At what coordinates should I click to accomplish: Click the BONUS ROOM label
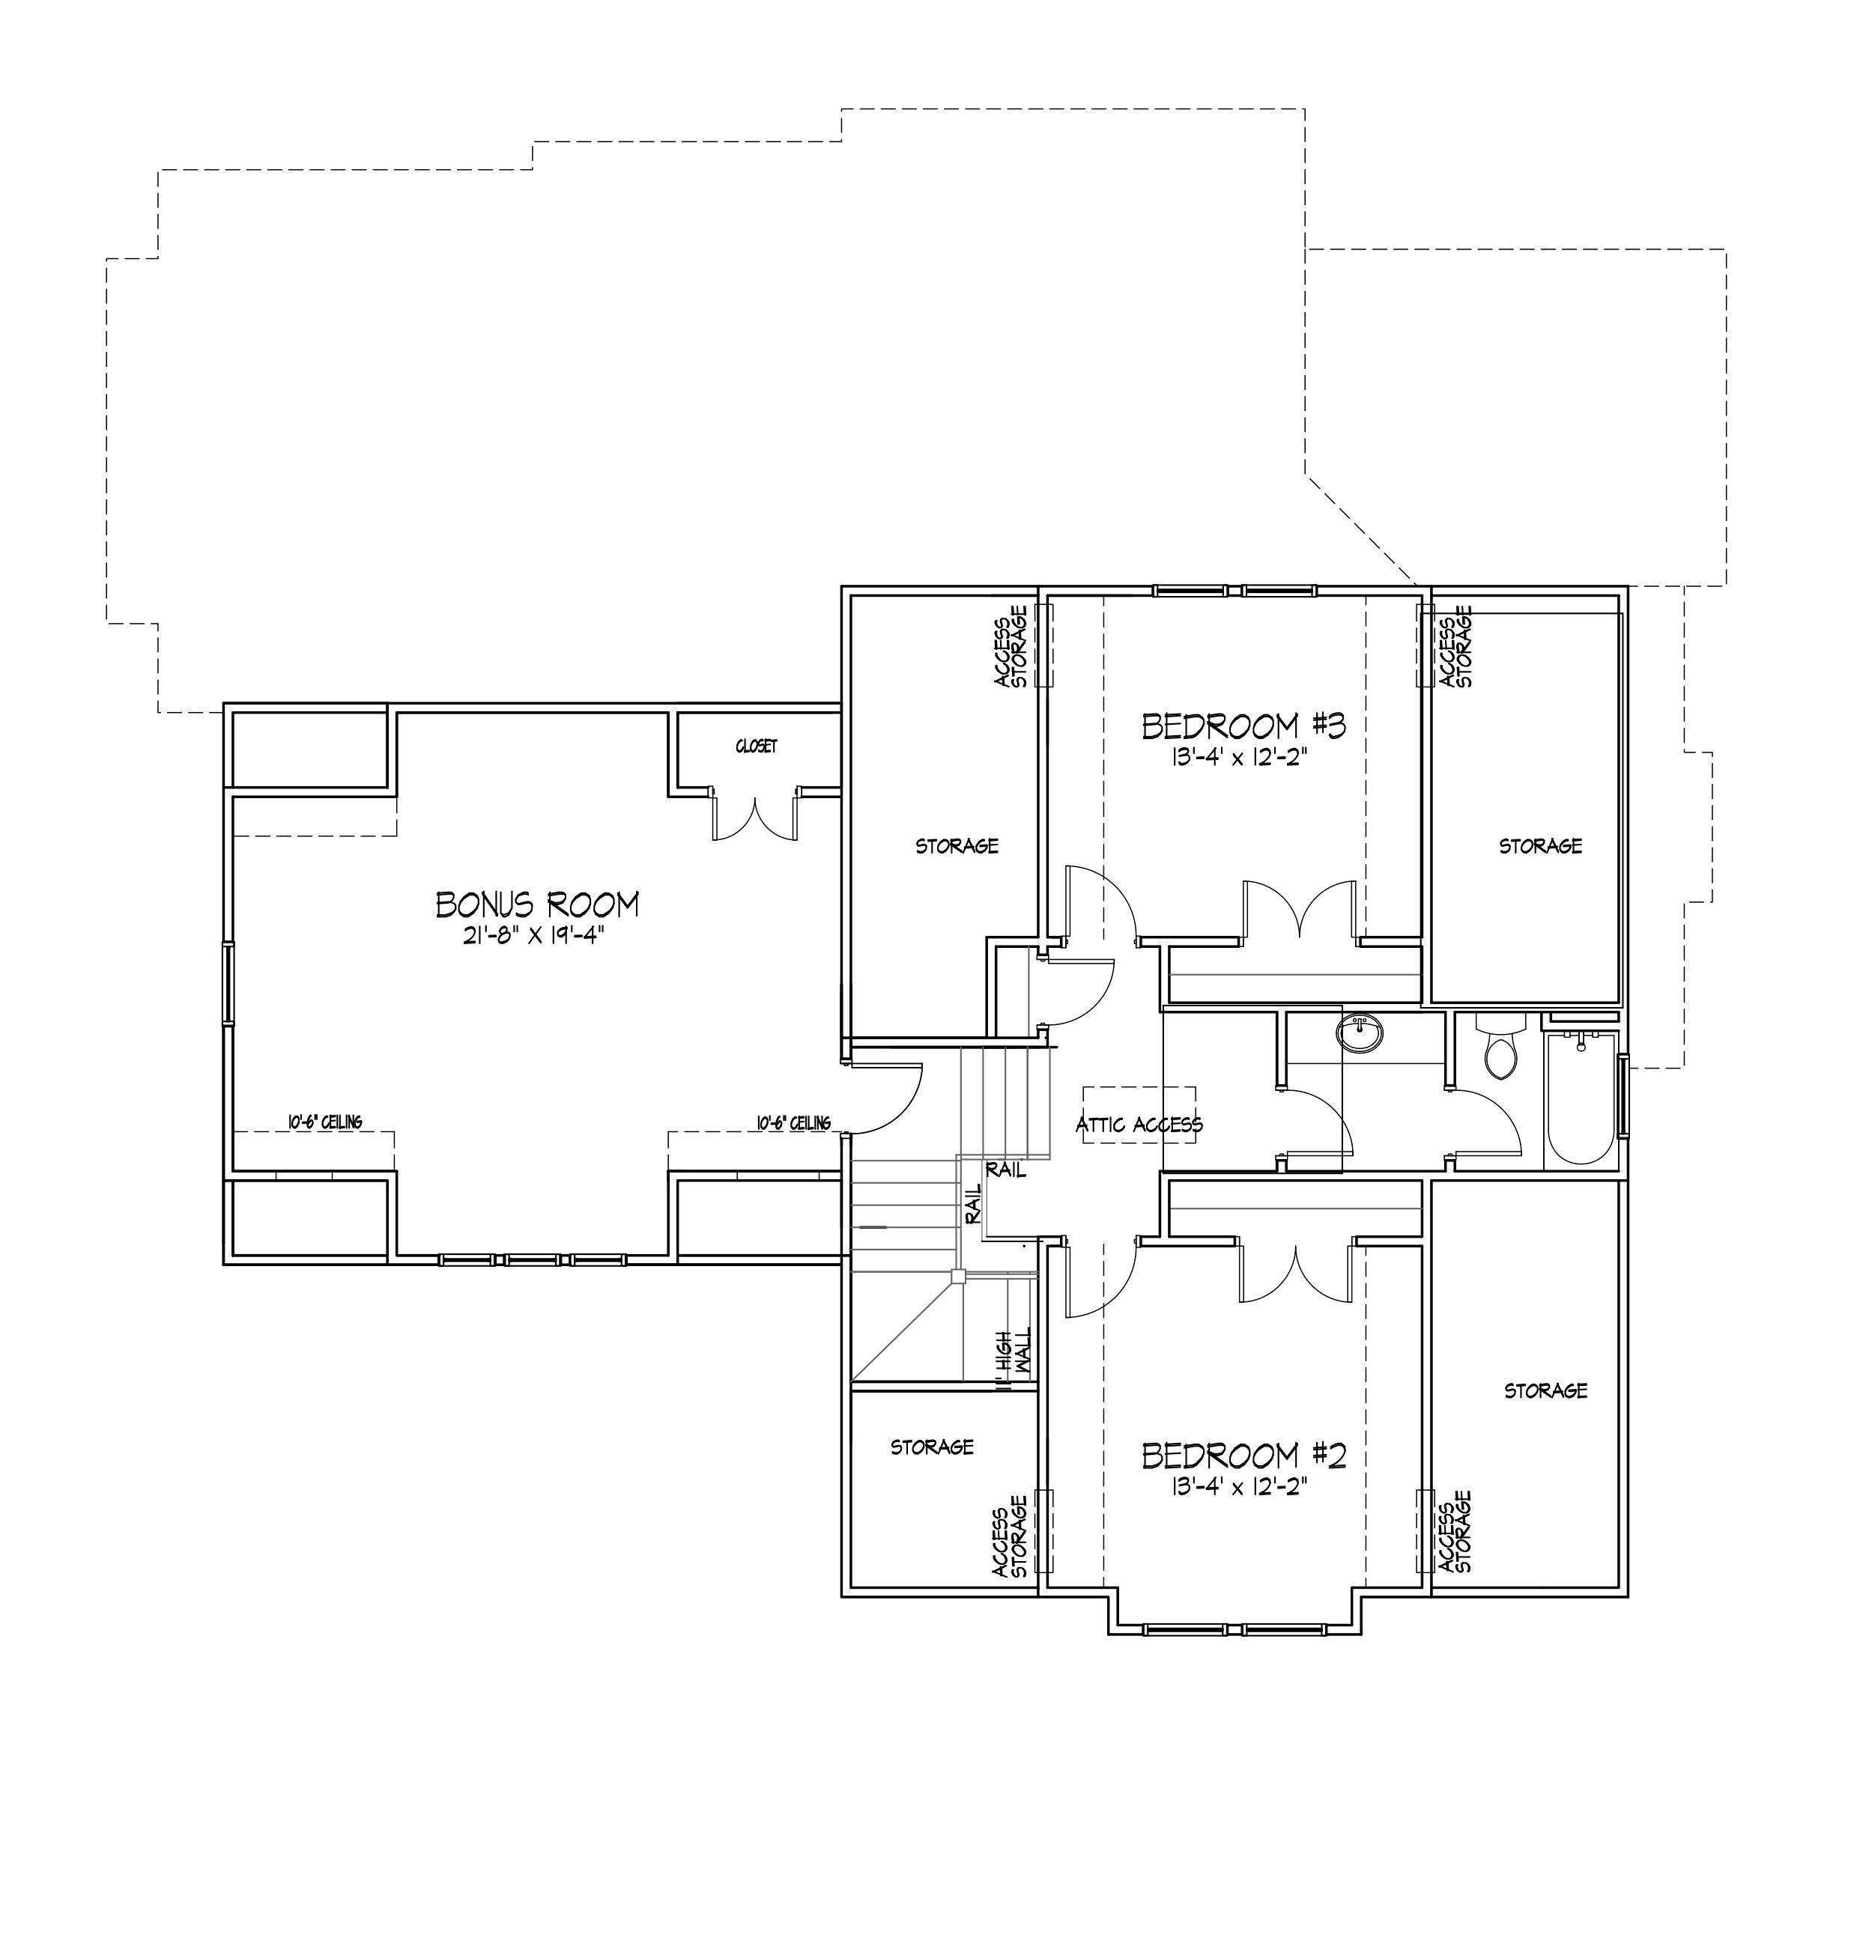tap(537, 904)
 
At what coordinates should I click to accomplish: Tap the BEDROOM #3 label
tap(1243, 726)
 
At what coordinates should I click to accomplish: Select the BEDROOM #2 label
tap(1243, 1456)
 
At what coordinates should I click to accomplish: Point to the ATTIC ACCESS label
tap(1139, 1124)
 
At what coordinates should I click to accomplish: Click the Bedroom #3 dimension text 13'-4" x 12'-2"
tap(1243, 757)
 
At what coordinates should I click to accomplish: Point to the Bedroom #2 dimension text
tap(1243, 1486)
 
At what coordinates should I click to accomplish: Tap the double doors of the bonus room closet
tap(754, 815)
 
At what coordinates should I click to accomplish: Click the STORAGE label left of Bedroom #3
tap(957, 845)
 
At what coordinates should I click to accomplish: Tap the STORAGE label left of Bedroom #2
tap(932, 1447)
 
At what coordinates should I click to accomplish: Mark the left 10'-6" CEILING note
tap(325, 1122)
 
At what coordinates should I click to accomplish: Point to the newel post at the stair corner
tap(957, 1276)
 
